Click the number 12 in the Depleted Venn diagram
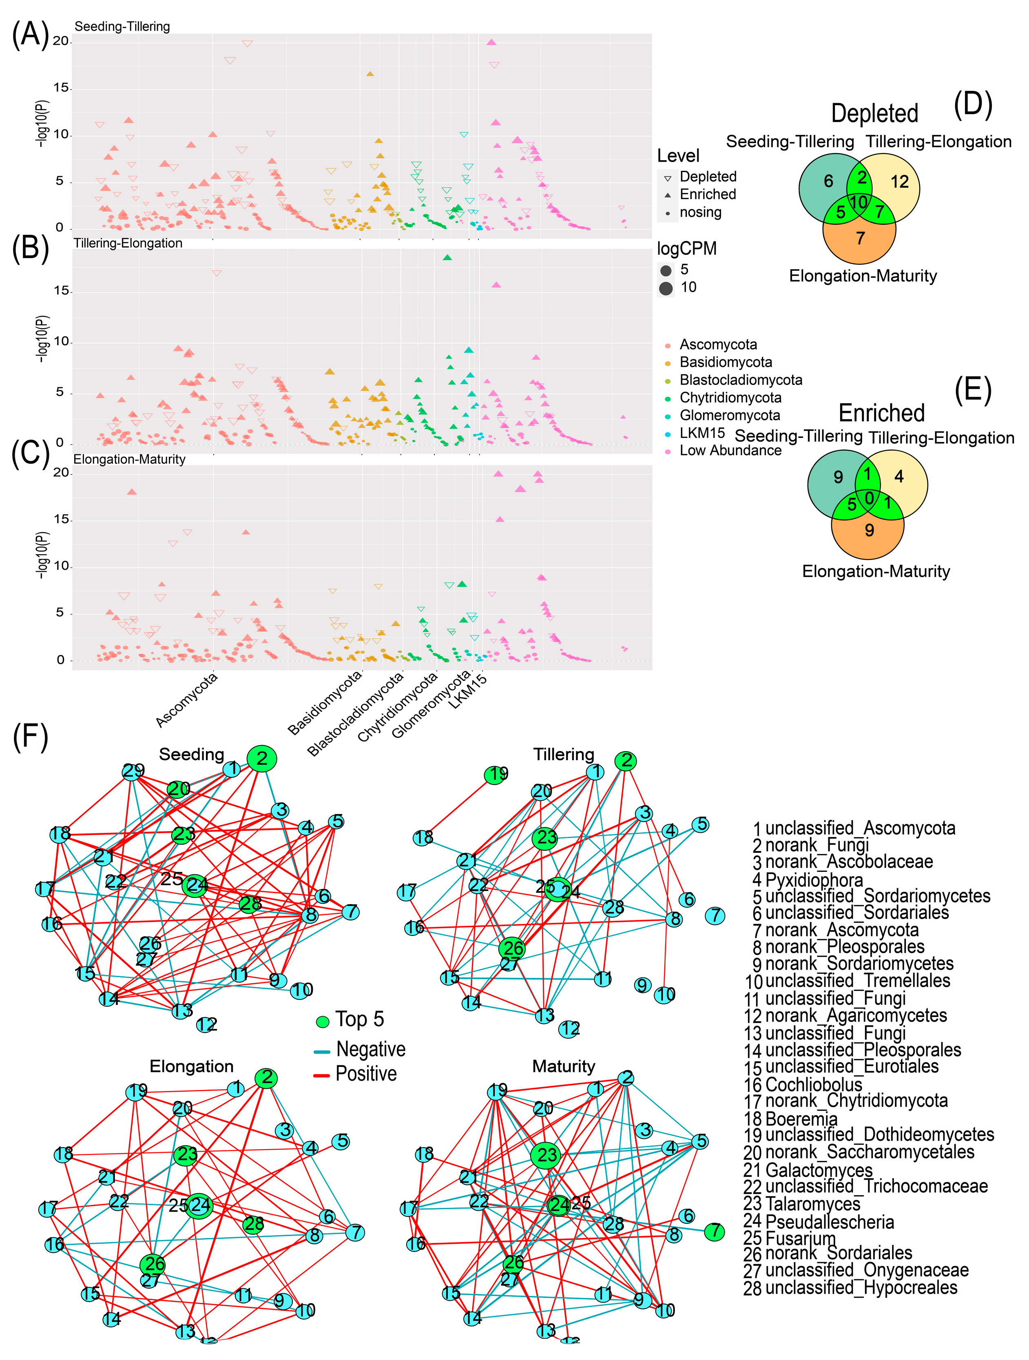899,182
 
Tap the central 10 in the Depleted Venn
859,202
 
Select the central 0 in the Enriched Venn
868,498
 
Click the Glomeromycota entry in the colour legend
730,416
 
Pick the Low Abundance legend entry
730,451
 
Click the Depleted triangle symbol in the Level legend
667,178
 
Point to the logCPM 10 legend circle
666,288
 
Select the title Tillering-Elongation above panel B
128,243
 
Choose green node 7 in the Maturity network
714,1232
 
